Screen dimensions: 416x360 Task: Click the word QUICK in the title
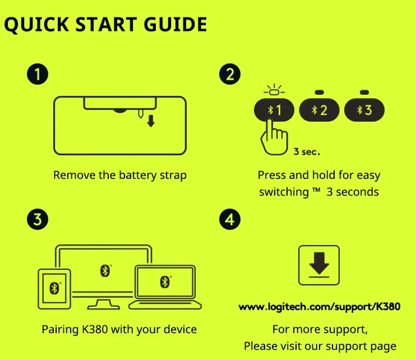37,25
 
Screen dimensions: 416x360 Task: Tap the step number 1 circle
38,74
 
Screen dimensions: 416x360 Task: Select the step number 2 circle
230,74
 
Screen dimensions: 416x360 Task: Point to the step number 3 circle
38,219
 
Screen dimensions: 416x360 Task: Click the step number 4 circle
230,219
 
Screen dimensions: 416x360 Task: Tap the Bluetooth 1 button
274,110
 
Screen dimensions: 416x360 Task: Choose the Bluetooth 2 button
319,110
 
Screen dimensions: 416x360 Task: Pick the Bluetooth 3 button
364,110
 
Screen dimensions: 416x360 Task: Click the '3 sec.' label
307,152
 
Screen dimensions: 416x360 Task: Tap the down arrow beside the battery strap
151,121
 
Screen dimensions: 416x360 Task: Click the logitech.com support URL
320,307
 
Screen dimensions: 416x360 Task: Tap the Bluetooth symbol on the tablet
54,288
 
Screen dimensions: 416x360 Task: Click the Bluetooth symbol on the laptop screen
165,281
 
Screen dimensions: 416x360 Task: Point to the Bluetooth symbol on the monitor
105,271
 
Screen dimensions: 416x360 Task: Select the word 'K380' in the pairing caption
95,330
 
